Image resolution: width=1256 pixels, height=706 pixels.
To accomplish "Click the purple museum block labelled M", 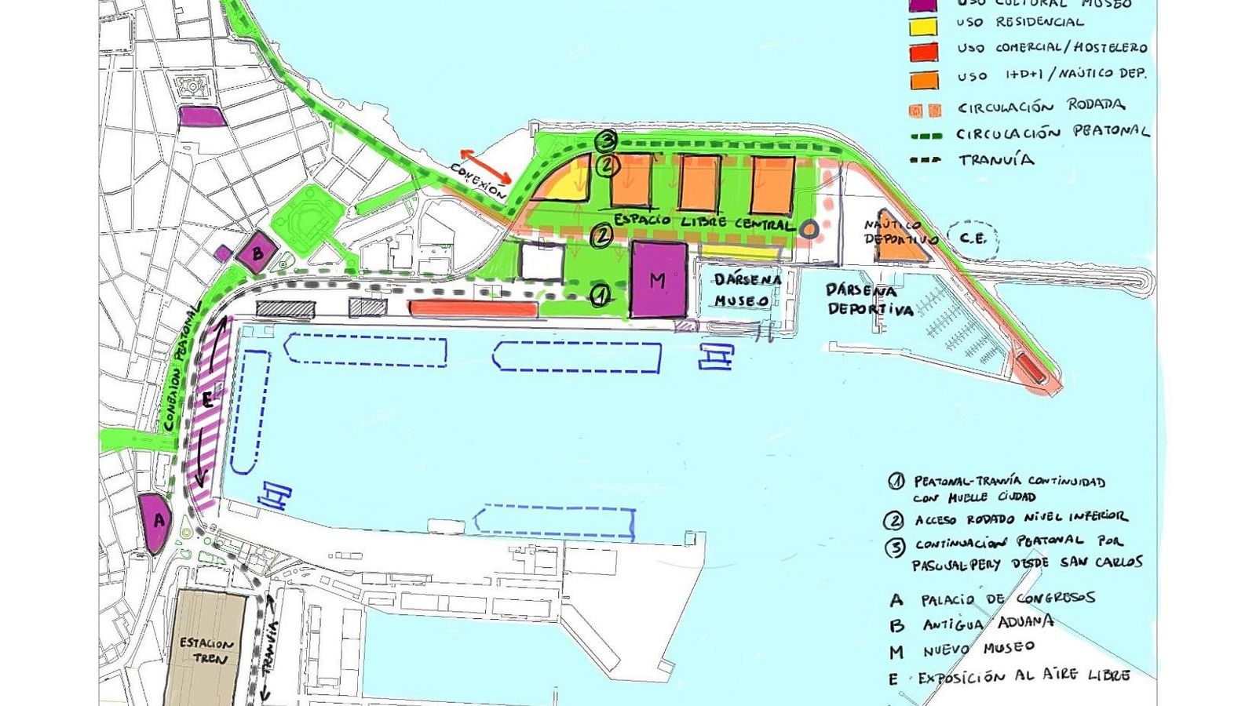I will point(659,279).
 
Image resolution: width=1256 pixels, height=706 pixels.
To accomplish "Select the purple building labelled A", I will point(155,521).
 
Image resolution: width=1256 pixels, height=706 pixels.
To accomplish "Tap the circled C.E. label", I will point(973,239).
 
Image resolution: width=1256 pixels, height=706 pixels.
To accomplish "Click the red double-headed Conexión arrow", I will point(486,166).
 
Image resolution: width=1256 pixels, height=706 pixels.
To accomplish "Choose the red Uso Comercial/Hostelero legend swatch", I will point(923,52).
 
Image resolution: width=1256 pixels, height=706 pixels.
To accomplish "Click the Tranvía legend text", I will point(995,160).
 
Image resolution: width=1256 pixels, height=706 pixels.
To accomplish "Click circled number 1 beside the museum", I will point(600,295).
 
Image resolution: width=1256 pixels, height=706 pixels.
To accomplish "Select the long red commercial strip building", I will point(473,309).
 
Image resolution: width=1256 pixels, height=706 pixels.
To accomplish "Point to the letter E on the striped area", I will point(207,400).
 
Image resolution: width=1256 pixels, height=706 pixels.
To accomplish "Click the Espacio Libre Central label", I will point(703,222).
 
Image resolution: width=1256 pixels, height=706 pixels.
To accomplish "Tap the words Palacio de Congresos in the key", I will point(1008,599).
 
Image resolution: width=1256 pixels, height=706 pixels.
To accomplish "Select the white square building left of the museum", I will point(541,262).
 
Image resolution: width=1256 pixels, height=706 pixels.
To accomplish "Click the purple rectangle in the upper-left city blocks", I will point(202,116).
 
